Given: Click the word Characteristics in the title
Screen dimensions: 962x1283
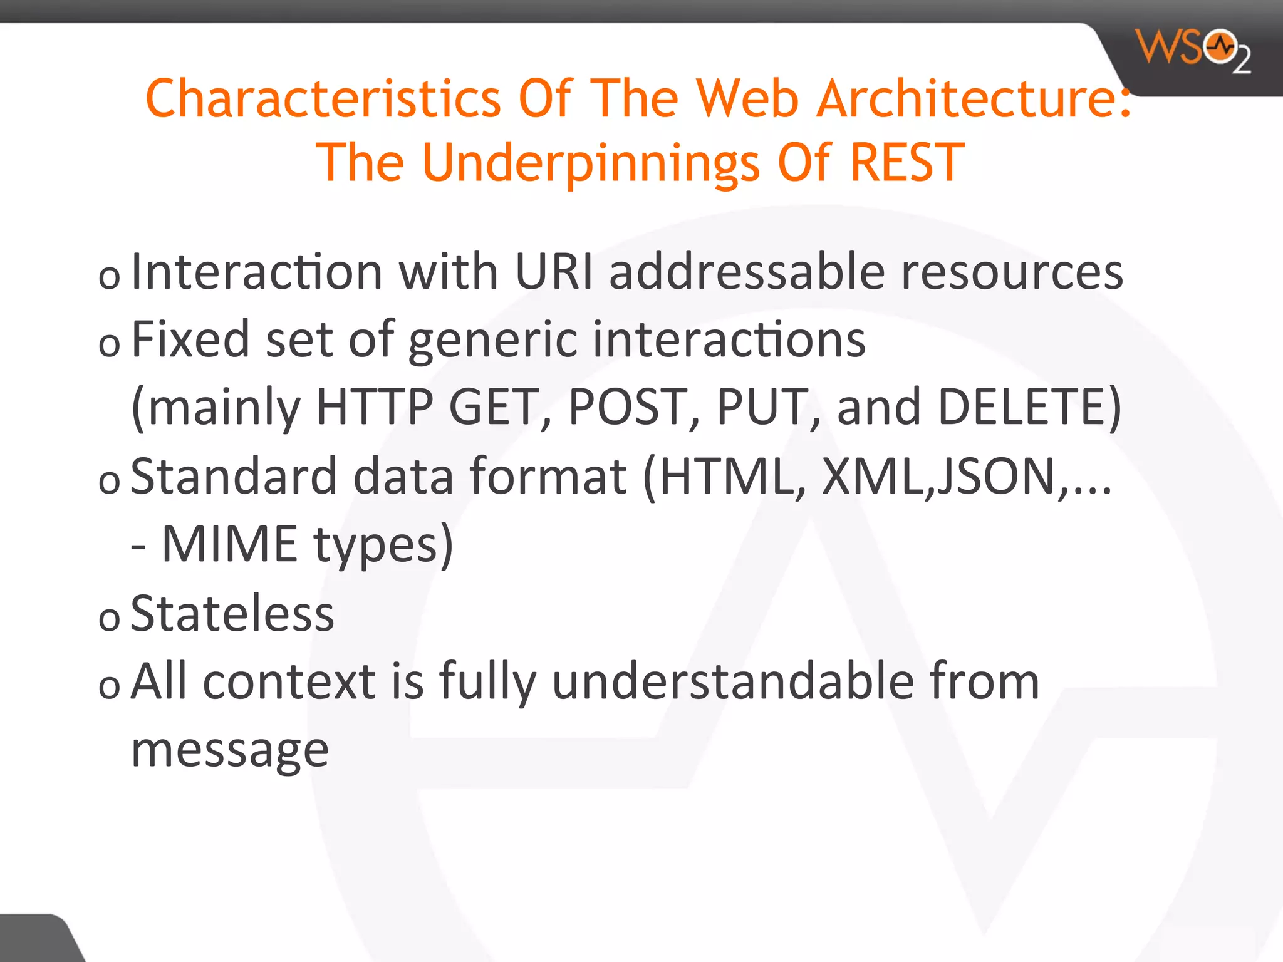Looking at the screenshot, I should (323, 99).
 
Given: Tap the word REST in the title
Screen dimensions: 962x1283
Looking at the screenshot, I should (906, 162).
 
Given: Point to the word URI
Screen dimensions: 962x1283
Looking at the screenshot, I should (553, 272).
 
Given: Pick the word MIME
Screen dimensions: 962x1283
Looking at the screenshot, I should (229, 544).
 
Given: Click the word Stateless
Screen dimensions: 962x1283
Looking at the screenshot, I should (232, 614).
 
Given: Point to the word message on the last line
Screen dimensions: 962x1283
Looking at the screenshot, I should (230, 750).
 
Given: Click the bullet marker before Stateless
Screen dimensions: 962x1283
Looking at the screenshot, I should (109, 619).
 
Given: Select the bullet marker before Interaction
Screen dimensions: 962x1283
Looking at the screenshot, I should (109, 277).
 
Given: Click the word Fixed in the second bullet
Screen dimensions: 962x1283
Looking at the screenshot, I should (190, 339).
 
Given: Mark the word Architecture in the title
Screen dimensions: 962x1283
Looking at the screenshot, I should (972, 99).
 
